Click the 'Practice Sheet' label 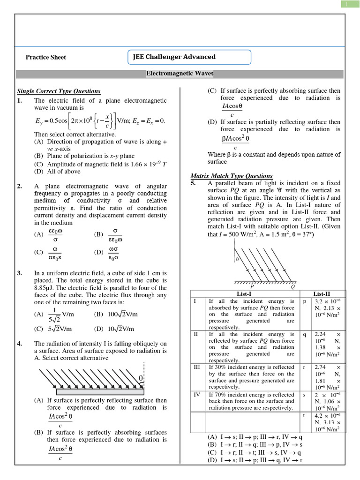click(45, 57)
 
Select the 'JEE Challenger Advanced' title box click(189, 57)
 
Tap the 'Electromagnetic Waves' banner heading click(180, 74)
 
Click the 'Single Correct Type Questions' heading click(59, 91)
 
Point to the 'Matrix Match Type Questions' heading click(232, 176)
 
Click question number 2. click(19, 187)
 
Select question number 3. click(19, 273)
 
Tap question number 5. click(193, 183)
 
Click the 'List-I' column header click(246, 293)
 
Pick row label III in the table click(197, 367)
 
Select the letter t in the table click(304, 415)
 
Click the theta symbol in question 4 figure click(140, 378)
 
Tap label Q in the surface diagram click(293, 287)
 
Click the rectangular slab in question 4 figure click(102, 391)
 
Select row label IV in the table click(197, 395)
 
